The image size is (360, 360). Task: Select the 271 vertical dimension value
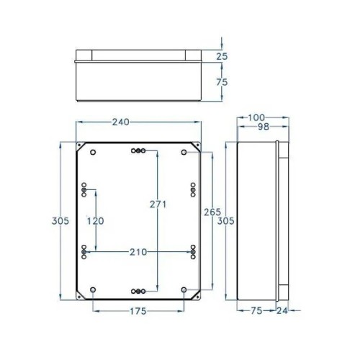(x=158, y=204)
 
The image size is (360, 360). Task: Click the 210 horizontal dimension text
(x=139, y=251)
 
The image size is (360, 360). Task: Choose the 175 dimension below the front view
(x=139, y=311)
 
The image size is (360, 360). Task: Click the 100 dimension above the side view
(x=257, y=117)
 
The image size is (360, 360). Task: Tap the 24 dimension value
(x=282, y=311)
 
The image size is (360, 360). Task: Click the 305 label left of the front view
(x=61, y=220)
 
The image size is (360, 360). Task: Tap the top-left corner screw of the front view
(x=80, y=145)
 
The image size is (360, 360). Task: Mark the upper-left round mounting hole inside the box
(x=93, y=152)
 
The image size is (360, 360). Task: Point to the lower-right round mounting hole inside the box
(x=184, y=290)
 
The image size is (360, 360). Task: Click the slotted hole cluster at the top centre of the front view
(x=139, y=151)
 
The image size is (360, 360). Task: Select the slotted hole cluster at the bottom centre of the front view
(x=139, y=291)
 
